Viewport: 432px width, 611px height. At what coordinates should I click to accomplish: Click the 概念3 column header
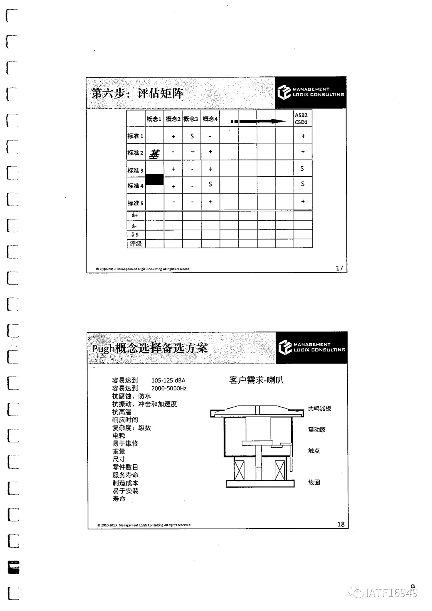tap(191, 119)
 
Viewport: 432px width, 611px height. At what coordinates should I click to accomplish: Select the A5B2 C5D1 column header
tap(302, 119)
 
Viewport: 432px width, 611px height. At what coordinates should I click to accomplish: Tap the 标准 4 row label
tap(135, 186)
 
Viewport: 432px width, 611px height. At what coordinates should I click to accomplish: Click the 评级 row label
tap(136, 244)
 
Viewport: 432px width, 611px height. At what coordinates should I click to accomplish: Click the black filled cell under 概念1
tap(154, 179)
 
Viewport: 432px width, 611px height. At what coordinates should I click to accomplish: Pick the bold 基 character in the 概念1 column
tap(154, 154)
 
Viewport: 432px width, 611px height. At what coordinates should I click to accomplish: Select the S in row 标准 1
tap(192, 136)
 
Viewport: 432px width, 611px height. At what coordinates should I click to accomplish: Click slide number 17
tap(339, 268)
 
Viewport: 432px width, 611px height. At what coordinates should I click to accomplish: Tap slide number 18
tap(341, 524)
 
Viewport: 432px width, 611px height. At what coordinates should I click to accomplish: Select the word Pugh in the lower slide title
tap(103, 348)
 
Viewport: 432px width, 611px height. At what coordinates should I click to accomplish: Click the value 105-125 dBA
tap(168, 380)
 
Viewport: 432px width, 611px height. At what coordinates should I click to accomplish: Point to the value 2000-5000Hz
tap(169, 388)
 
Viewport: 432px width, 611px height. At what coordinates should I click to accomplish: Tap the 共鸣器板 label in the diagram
tap(319, 409)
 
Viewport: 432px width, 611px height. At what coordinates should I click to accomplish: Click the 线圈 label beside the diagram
tap(314, 482)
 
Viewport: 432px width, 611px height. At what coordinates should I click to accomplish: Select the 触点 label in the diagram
tap(314, 451)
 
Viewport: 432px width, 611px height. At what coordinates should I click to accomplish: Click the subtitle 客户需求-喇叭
tap(256, 380)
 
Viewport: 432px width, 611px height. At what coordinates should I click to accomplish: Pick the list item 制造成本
tap(125, 483)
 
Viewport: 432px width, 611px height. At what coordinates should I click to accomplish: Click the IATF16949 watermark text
tap(391, 593)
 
